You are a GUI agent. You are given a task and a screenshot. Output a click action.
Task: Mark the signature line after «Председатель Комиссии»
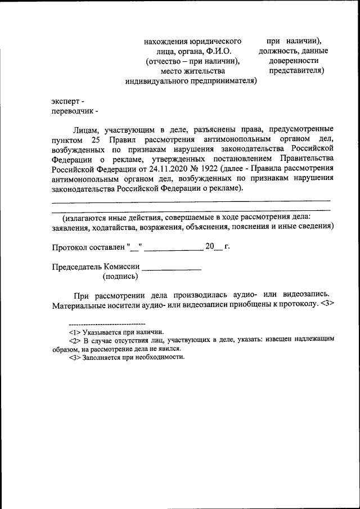pyautogui.click(x=172, y=269)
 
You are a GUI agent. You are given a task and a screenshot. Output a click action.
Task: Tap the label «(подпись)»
pyautogui.click(x=120, y=276)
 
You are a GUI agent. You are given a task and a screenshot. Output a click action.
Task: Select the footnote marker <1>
pyautogui.click(x=75, y=332)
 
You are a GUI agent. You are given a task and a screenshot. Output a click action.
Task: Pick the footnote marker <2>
pyautogui.click(x=75, y=340)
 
